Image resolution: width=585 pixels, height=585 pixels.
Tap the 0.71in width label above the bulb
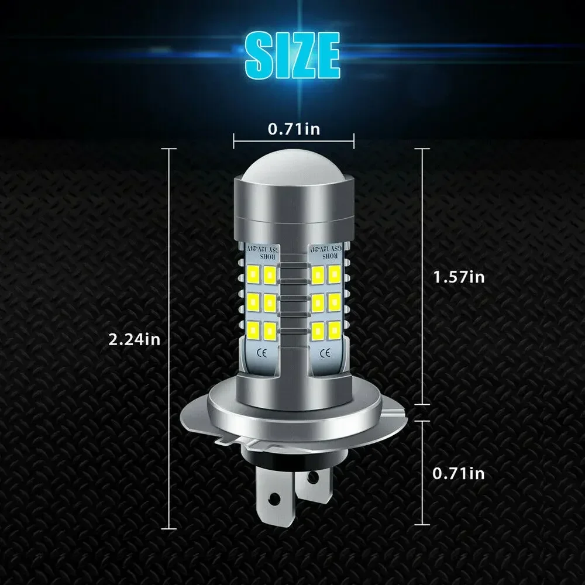pyautogui.click(x=294, y=129)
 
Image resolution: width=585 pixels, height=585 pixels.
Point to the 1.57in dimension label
pyautogui.click(x=458, y=276)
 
